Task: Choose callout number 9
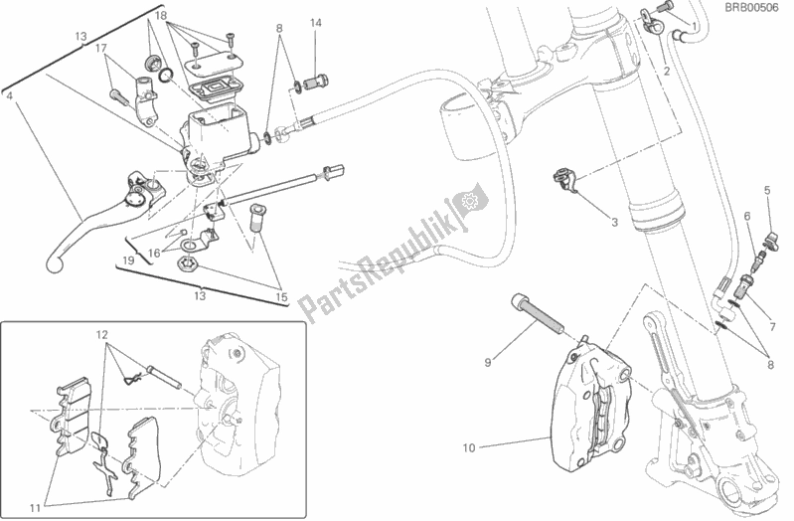pyautogui.click(x=488, y=362)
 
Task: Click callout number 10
pyautogui.click(x=468, y=447)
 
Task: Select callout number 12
pyautogui.click(x=100, y=334)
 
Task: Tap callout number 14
pyautogui.click(x=315, y=22)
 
